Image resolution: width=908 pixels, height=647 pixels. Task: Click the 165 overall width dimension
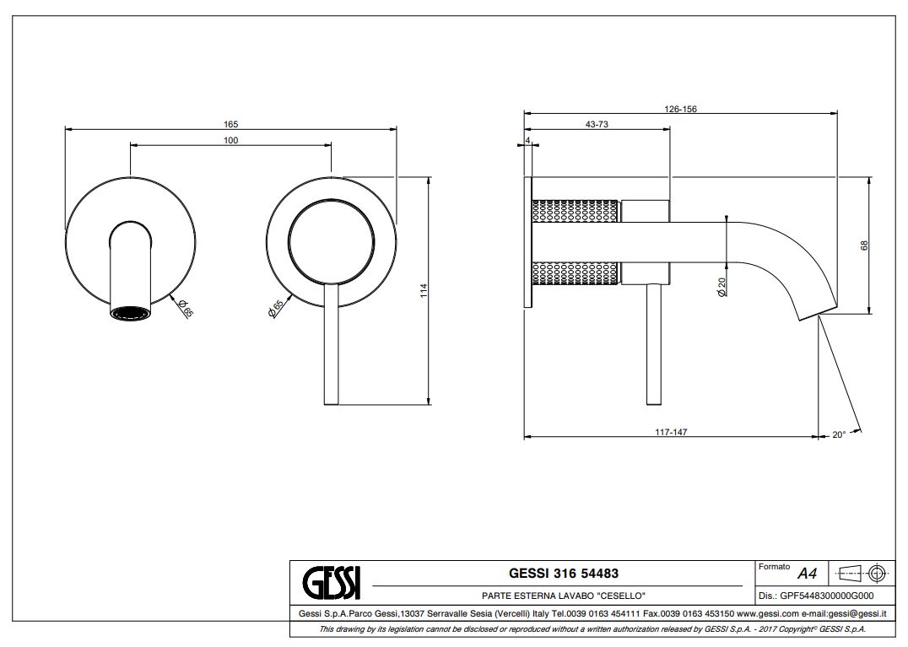[230, 124]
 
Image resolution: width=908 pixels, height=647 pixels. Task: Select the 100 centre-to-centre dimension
[230, 140]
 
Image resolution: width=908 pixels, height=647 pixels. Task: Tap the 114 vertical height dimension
[424, 289]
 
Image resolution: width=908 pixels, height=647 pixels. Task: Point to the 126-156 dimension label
[680, 109]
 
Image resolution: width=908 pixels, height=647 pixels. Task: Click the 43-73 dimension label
[597, 124]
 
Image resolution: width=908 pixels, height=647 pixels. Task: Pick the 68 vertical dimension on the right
[864, 245]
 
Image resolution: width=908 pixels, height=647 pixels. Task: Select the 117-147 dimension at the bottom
[672, 432]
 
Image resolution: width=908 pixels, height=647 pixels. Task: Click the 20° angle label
[838, 435]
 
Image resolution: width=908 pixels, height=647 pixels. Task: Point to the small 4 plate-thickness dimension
[527, 140]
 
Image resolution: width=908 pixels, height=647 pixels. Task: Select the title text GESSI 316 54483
[564, 574]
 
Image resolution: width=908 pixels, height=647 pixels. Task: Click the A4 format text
[807, 574]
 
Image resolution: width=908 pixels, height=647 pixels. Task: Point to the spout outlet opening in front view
[131, 314]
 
